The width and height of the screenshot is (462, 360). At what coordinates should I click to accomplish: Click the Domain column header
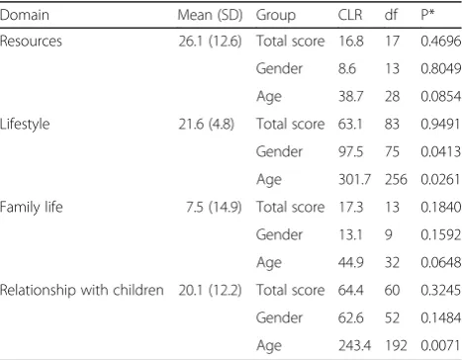(x=25, y=15)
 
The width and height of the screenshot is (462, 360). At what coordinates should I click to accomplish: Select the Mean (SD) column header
(x=210, y=15)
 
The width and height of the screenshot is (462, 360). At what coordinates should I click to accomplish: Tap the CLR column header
(x=350, y=15)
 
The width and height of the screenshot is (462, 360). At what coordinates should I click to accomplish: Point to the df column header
(x=391, y=15)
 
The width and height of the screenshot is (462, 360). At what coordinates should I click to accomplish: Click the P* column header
(x=427, y=15)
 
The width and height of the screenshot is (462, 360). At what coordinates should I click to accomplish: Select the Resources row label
(x=31, y=42)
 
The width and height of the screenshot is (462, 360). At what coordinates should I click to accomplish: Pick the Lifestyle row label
(x=25, y=125)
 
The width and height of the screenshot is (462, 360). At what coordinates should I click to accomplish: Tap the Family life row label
(x=32, y=207)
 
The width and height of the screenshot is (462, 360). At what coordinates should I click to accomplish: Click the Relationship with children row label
(x=82, y=290)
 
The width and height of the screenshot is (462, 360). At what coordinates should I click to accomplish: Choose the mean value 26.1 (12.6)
(x=210, y=42)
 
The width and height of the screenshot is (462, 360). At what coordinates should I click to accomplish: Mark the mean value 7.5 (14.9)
(x=214, y=207)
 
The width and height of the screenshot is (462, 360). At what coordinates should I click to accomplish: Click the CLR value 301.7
(x=354, y=180)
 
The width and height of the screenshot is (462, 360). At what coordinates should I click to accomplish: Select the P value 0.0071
(x=440, y=345)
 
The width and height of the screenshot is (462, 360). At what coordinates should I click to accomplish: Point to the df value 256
(x=396, y=180)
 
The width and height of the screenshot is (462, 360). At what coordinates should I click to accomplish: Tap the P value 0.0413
(x=440, y=152)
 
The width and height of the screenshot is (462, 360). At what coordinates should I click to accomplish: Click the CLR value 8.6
(x=347, y=69)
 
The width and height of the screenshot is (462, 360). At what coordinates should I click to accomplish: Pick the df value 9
(x=389, y=234)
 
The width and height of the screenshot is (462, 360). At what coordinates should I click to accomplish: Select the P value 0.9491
(x=440, y=125)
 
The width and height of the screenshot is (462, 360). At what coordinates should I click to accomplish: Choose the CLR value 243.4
(x=354, y=345)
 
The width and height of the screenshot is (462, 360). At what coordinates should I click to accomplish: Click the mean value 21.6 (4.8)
(x=207, y=125)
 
